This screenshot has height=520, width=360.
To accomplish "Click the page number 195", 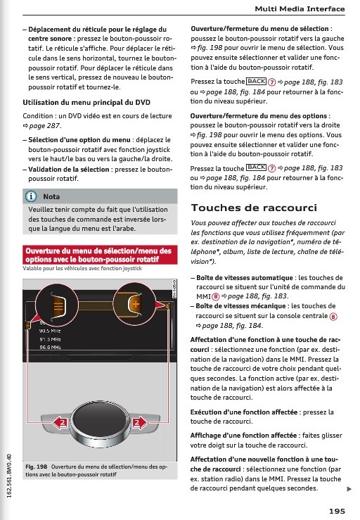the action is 337,511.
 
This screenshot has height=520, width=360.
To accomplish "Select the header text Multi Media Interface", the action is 300,9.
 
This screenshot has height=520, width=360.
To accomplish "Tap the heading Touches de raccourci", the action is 254,208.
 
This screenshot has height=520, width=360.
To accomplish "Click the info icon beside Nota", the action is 31,196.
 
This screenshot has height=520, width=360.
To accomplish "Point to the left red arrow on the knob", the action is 60,422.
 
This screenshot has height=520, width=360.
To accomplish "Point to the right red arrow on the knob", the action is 139,422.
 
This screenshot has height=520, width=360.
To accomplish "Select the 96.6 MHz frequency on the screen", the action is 50,347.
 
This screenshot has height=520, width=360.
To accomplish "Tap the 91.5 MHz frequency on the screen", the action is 50,339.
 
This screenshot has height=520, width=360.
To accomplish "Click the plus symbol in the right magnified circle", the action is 136,303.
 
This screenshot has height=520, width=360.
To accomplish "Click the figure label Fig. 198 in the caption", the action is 36,467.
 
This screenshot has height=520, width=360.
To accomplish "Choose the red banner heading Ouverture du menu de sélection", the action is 98,255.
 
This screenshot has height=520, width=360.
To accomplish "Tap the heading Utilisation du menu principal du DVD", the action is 86,103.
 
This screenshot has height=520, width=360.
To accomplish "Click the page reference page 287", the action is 44,126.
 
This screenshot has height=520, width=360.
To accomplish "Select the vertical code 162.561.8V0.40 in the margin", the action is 9,476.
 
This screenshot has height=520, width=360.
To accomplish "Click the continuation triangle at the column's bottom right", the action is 349,489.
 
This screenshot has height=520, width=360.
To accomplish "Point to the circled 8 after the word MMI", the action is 216,296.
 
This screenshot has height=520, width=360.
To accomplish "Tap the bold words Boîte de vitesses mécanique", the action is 240,306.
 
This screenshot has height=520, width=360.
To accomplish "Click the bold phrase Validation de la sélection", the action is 69,170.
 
